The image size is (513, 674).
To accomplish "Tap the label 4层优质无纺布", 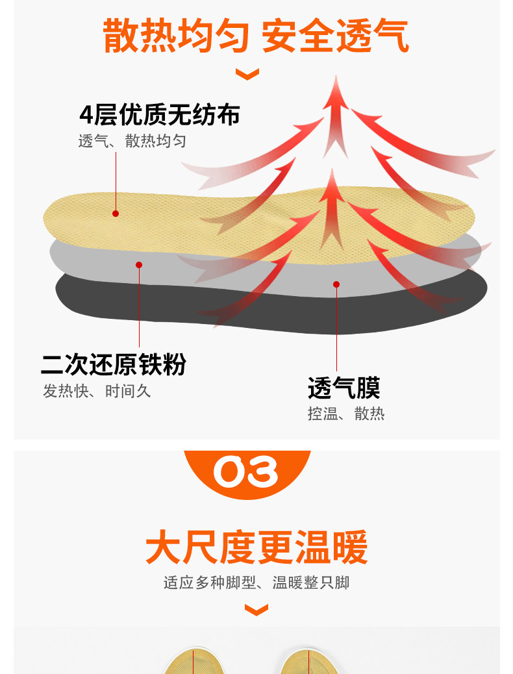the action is coord(160,115).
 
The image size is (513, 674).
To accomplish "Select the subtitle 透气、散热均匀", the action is coord(132,141).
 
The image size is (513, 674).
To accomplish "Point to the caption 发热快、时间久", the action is coord(97,391).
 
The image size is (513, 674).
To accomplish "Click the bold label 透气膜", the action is coord(344,388).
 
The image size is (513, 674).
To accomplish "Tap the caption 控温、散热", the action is coord(346,414).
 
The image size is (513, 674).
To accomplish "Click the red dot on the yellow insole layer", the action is coord(116,213).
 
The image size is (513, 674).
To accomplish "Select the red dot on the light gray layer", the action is coord(139,264).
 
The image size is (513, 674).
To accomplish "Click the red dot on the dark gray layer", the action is coord(336,284).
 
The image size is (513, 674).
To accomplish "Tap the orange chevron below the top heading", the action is coord(247,74).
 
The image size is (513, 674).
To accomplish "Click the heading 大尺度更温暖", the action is coord(256,547).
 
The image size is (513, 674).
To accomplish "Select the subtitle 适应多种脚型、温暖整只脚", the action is coord(256,582).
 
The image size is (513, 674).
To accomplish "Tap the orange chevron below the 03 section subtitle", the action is coord(256,610).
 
